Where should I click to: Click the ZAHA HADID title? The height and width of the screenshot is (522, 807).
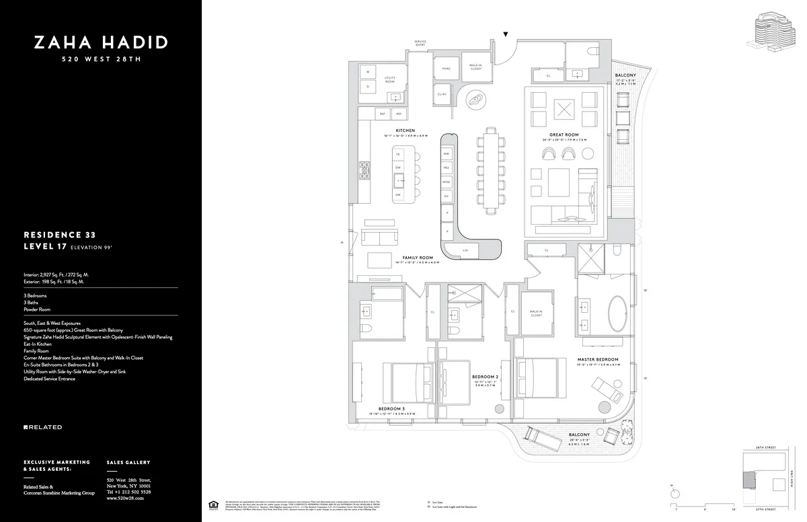pyautogui.click(x=101, y=43)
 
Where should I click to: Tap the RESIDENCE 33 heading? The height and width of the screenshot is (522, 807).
pyautogui.click(x=59, y=235)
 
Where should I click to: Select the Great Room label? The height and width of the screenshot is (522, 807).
pyautogui.click(x=564, y=135)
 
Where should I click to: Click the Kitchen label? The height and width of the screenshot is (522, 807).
pyautogui.click(x=405, y=130)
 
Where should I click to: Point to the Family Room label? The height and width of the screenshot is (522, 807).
pyautogui.click(x=417, y=258)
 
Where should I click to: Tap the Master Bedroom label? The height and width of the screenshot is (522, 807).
pyautogui.click(x=597, y=360)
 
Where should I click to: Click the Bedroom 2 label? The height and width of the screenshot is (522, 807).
pyautogui.click(x=484, y=377)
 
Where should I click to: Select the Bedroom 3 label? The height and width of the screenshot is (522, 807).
pyautogui.click(x=391, y=408)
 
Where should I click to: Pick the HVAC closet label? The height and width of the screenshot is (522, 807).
pyautogui.click(x=445, y=68)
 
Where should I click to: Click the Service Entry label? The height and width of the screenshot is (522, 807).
pyautogui.click(x=420, y=43)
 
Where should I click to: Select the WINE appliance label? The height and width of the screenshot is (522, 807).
pyautogui.click(x=446, y=182)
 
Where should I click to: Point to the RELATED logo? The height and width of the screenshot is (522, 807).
pyautogui.click(x=43, y=427)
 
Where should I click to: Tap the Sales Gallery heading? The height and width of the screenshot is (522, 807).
pyautogui.click(x=128, y=463)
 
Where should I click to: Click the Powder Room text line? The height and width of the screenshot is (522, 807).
pyautogui.click(x=37, y=309)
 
